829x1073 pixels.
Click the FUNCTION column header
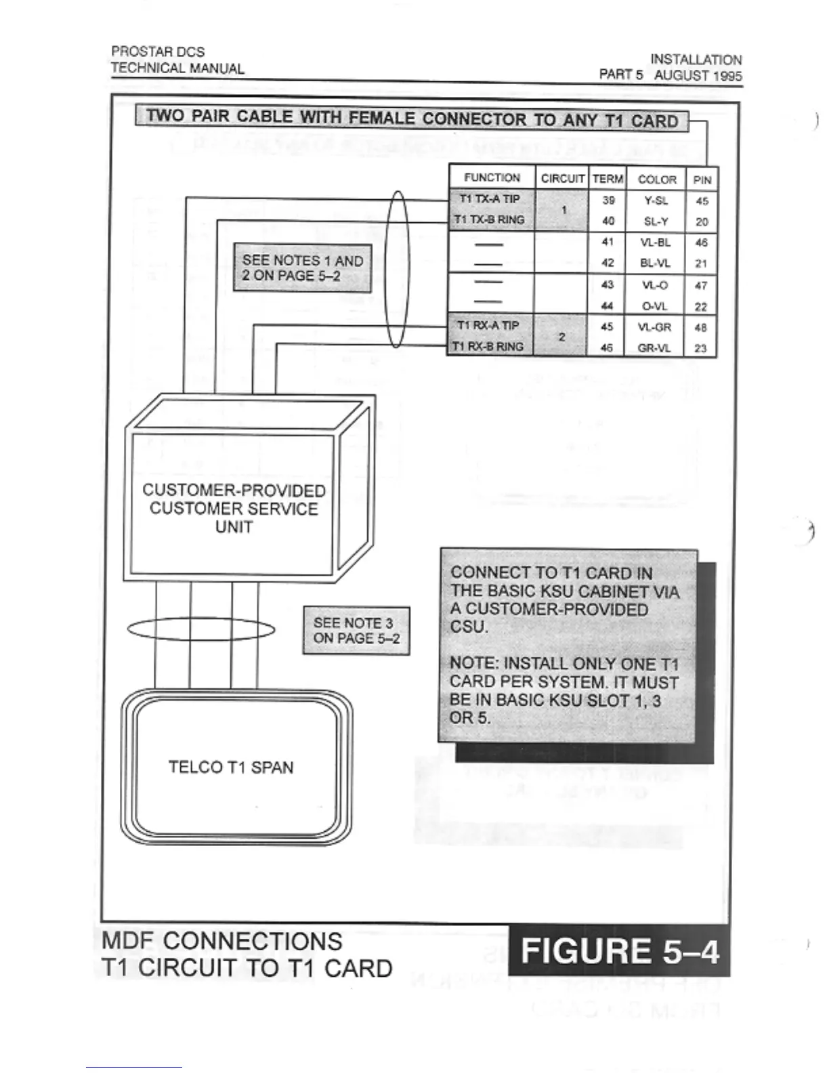click(x=492, y=177)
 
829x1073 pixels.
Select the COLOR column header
click(x=656, y=180)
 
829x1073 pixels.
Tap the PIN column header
click(x=702, y=180)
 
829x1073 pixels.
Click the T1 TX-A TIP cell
click(x=489, y=199)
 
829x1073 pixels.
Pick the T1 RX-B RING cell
click(x=489, y=347)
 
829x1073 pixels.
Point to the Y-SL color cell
click(x=656, y=201)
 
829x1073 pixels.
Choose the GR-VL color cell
click(x=655, y=348)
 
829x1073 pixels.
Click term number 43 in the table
click(x=607, y=285)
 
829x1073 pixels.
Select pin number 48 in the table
click(x=701, y=327)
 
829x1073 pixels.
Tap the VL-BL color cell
click(x=655, y=243)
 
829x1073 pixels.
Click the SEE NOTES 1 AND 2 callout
click(x=302, y=268)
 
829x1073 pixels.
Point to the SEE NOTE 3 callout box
click(x=356, y=631)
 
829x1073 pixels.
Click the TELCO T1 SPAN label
click(x=231, y=767)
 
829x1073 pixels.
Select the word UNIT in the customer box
click(x=234, y=527)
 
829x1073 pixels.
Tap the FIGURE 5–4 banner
click(x=619, y=951)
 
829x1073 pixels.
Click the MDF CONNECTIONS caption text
click(x=222, y=941)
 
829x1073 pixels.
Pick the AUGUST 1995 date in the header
click(x=698, y=75)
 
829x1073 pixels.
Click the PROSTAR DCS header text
click(x=158, y=51)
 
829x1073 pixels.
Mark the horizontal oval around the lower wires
click(x=201, y=631)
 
